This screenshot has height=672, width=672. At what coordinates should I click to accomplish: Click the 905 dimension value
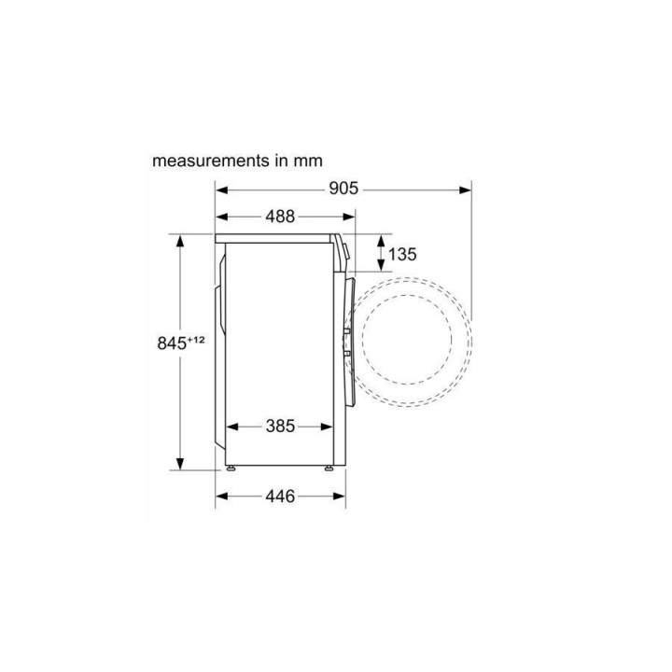[x=343, y=189]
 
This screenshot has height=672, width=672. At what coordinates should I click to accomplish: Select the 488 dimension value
[x=280, y=217]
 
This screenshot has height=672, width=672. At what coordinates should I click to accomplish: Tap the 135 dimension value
[x=402, y=255]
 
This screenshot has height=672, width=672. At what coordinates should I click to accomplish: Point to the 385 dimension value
[x=280, y=427]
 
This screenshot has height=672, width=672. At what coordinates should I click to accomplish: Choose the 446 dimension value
[x=280, y=497]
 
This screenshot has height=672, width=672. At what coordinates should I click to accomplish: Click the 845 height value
[x=172, y=343]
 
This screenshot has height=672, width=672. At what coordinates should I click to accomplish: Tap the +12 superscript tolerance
[x=196, y=340]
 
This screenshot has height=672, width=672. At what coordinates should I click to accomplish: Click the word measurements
[x=211, y=161]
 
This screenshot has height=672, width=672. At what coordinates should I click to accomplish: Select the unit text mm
[x=308, y=161]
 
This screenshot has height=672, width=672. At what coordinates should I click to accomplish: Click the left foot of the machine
[x=231, y=469]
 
